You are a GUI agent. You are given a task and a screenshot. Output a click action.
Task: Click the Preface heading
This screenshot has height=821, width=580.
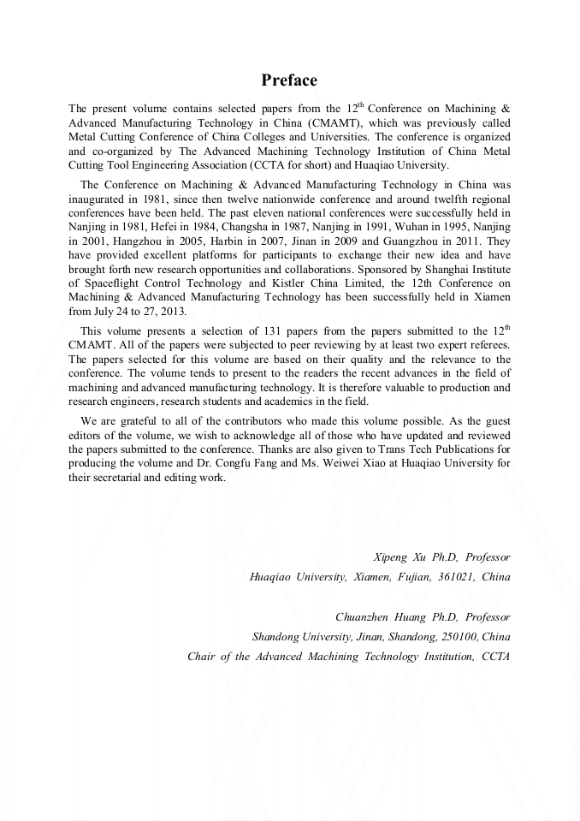[x=289, y=80]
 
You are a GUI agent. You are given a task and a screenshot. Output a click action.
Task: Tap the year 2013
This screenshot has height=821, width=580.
[x=171, y=311]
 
